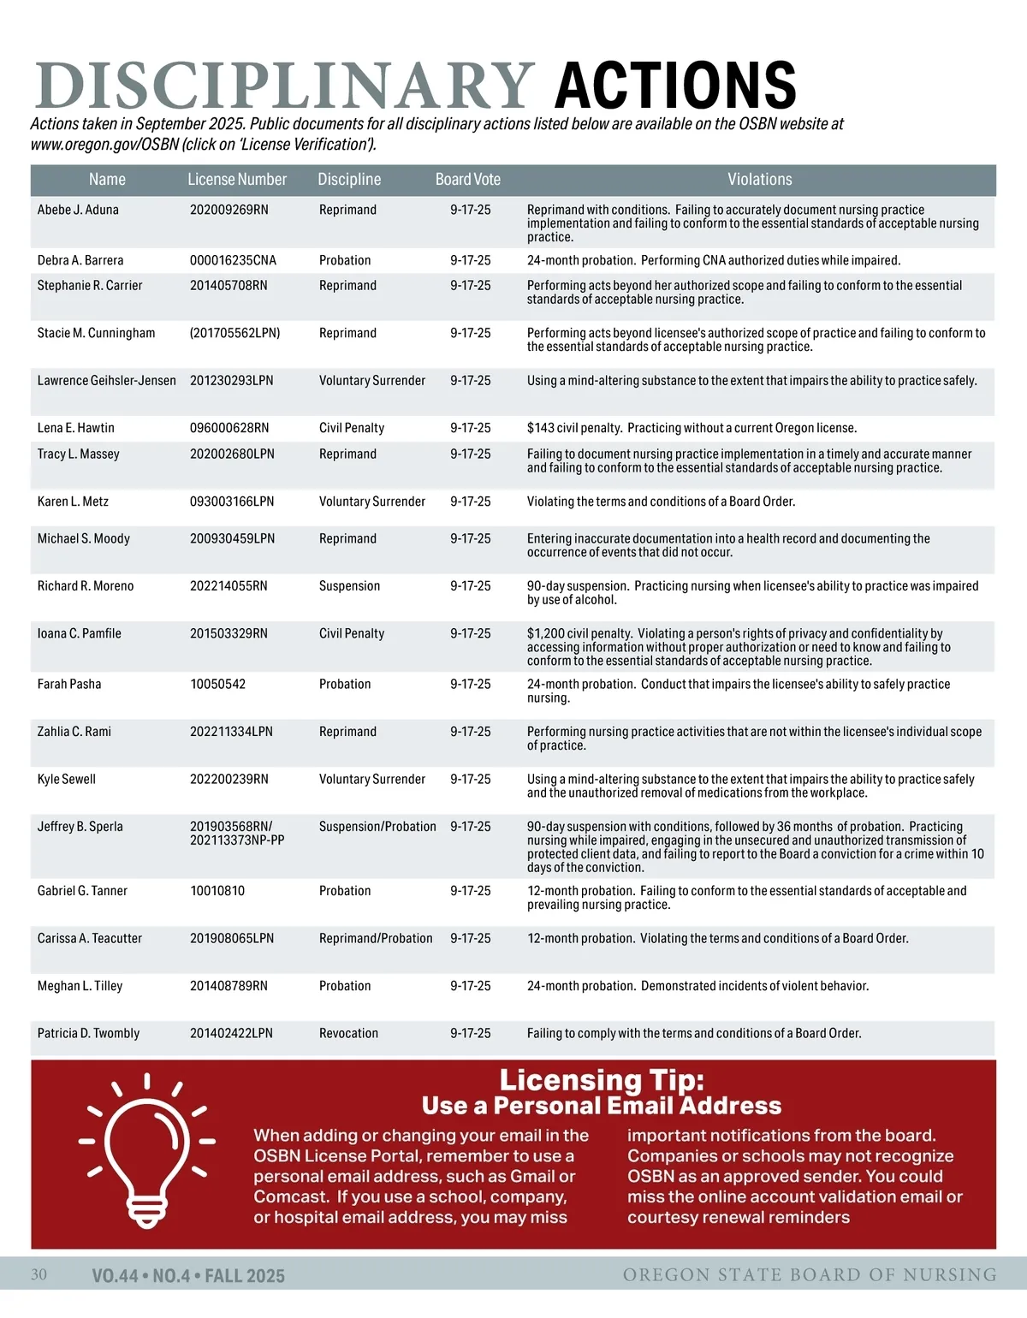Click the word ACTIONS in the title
(675, 85)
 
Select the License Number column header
(237, 180)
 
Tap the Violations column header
(759, 180)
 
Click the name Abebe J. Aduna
(78, 210)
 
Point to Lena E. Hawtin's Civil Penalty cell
(351, 428)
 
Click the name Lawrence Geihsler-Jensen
(106, 381)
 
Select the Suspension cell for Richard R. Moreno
(349, 586)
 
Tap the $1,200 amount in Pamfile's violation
(545, 634)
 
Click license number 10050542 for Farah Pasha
(217, 685)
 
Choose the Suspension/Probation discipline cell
(377, 827)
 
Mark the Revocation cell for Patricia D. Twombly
(348, 1034)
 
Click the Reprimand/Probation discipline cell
(376, 939)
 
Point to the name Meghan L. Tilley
(80, 986)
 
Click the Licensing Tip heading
(602, 1080)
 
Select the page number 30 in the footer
(39, 1275)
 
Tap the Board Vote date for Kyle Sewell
(470, 780)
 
